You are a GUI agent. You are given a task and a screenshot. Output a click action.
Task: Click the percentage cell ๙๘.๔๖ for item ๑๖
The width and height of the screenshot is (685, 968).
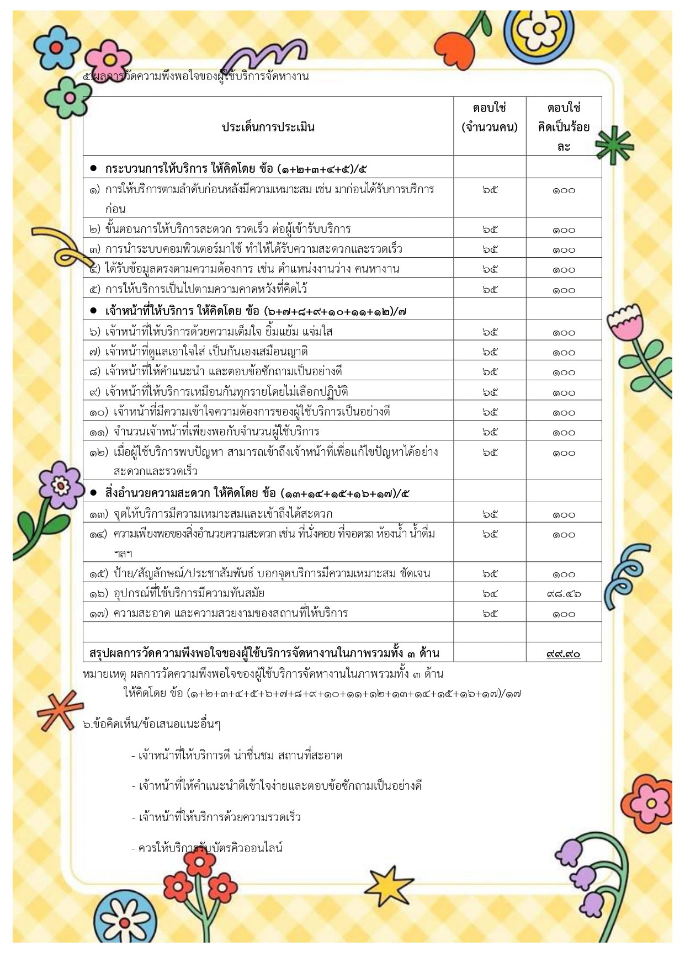click(x=564, y=594)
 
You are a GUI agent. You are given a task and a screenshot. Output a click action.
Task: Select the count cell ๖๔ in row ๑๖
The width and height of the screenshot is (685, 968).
click(x=490, y=594)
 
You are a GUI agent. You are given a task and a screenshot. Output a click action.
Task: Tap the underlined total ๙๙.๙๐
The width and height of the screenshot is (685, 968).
click(x=564, y=653)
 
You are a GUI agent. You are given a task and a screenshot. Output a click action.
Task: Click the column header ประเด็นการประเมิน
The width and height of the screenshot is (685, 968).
click(x=268, y=127)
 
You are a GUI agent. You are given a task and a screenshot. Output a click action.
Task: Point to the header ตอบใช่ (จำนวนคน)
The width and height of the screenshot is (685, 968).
click(x=490, y=118)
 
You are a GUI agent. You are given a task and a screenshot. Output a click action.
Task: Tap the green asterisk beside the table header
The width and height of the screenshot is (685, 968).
click(x=613, y=145)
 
